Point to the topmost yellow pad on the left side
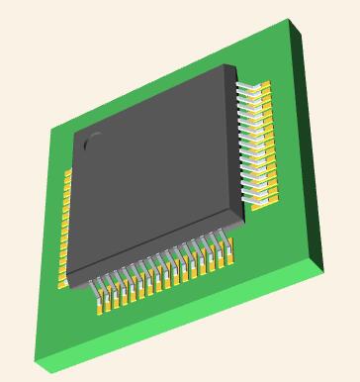pyautogui.click(x=68, y=174)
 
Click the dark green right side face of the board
pyautogui.click(x=315, y=148)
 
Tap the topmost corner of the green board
pyautogui.click(x=290, y=19)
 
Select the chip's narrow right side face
pyautogui.click(x=240, y=143)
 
